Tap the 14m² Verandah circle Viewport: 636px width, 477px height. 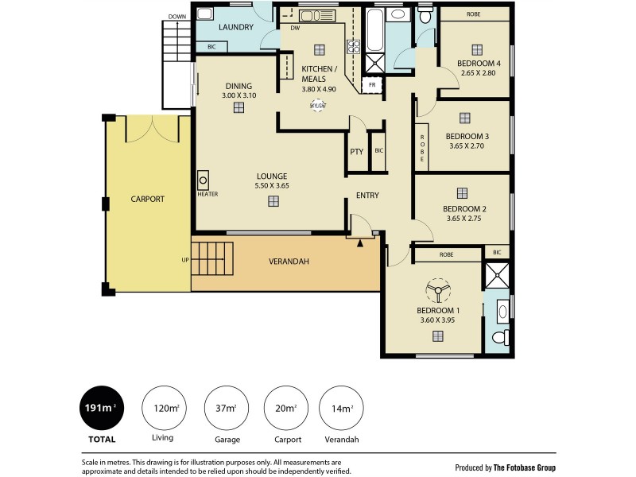[341, 409]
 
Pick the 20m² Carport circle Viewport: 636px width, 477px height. [285, 409]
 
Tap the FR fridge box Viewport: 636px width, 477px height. [371, 84]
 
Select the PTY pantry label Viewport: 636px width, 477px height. [356, 151]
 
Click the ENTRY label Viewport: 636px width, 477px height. [367, 196]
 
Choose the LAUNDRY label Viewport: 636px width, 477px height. [236, 27]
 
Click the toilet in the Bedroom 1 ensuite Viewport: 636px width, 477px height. [500, 337]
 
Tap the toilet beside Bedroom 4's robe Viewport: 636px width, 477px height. [426, 17]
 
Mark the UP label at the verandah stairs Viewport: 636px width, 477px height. [185, 260]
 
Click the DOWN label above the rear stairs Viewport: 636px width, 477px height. [177, 16]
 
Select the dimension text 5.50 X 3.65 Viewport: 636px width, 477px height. [271, 185]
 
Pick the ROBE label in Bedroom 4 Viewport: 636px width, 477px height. [474, 14]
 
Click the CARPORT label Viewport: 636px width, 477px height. [147, 200]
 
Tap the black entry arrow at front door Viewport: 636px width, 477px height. [360, 243]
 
